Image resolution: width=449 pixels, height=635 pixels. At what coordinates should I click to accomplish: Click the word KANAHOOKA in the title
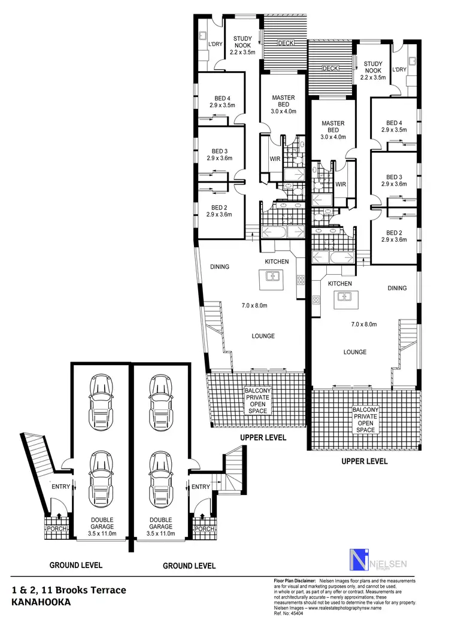(41, 603)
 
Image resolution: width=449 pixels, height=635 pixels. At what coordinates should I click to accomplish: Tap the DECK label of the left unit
(285, 43)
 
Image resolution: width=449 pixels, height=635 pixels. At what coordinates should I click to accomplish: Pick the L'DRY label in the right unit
(399, 70)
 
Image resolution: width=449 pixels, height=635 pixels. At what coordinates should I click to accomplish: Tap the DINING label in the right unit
(396, 288)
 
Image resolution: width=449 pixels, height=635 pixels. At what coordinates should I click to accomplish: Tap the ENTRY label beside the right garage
(201, 487)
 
